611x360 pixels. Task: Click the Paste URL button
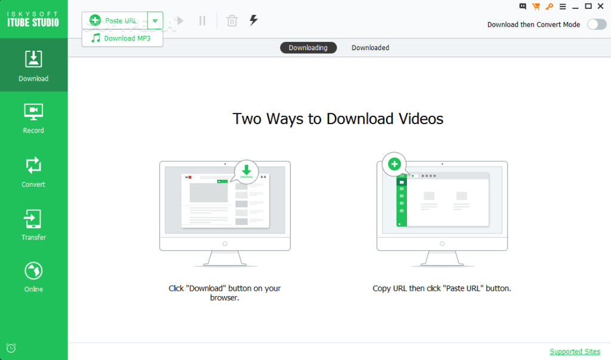coord(115,20)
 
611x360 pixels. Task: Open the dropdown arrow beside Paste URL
coord(155,21)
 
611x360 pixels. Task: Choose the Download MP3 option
coord(122,38)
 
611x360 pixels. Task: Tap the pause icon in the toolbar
coord(202,21)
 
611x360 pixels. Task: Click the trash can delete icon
coord(232,21)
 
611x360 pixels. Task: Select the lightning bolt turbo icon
coord(254,20)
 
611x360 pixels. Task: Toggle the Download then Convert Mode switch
coord(597,24)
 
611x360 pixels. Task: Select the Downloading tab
coord(308,48)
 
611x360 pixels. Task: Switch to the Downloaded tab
coord(370,48)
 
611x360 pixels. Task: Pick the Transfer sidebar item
coord(33,225)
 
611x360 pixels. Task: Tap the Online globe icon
coord(33,270)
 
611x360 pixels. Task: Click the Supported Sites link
coord(575,352)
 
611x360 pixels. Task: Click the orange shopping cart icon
coord(536,6)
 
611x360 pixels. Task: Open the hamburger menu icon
coord(562,7)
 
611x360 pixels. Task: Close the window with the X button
coord(600,6)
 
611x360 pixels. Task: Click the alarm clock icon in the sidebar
coord(11,348)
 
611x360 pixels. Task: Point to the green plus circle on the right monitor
coord(394,164)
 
